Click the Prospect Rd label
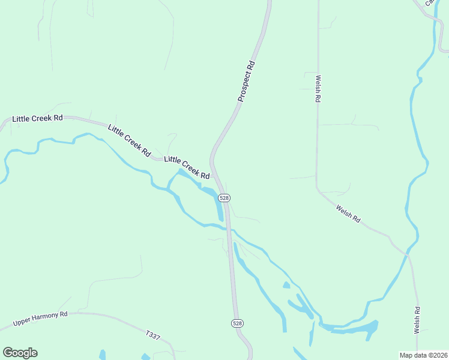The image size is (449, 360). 247,80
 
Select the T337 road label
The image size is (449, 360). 153,336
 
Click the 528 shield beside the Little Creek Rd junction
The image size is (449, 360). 224,197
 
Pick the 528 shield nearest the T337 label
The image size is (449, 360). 237,323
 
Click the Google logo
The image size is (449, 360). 20,353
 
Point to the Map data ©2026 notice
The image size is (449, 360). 423,355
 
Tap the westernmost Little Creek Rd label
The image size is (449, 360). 37,118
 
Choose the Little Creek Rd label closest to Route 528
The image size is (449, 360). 187,168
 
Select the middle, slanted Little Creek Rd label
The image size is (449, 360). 129,141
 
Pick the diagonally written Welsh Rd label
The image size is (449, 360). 348,214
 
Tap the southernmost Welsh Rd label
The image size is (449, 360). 417,319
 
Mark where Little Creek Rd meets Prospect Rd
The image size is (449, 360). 214,175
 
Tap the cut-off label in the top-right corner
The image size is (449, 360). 430,3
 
